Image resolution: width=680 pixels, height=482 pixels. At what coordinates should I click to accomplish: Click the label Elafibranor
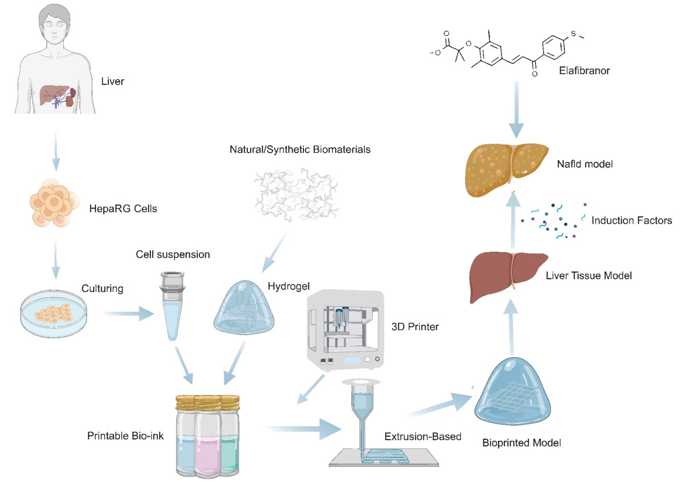[x=584, y=71]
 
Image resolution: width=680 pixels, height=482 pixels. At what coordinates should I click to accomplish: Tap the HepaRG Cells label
[x=123, y=208]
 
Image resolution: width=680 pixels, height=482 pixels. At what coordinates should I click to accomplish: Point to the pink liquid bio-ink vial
[x=208, y=436]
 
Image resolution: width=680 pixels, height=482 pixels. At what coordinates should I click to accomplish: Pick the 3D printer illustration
[x=345, y=331]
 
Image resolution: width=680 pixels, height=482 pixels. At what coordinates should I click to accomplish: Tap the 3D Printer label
[x=415, y=327]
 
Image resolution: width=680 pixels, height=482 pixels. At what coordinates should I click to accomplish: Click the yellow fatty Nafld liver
[x=506, y=169]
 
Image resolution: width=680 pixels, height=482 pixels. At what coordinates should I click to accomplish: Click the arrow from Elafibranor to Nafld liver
[x=516, y=110]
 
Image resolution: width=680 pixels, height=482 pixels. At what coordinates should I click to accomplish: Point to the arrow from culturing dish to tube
[x=128, y=313]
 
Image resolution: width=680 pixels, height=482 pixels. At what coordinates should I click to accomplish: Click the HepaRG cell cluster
[x=54, y=202]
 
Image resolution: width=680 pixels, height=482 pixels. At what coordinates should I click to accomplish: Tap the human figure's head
[x=54, y=23]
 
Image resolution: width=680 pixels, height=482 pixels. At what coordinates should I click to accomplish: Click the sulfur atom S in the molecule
[x=573, y=34]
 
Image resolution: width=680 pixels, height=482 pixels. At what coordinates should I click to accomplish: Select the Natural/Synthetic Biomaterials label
[x=300, y=150]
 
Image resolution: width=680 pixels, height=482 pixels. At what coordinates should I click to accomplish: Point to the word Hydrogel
[x=288, y=286]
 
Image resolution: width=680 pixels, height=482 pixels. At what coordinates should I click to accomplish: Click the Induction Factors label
[x=631, y=220]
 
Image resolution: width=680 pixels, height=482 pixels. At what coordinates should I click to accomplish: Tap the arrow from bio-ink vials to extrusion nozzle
[x=303, y=429]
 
